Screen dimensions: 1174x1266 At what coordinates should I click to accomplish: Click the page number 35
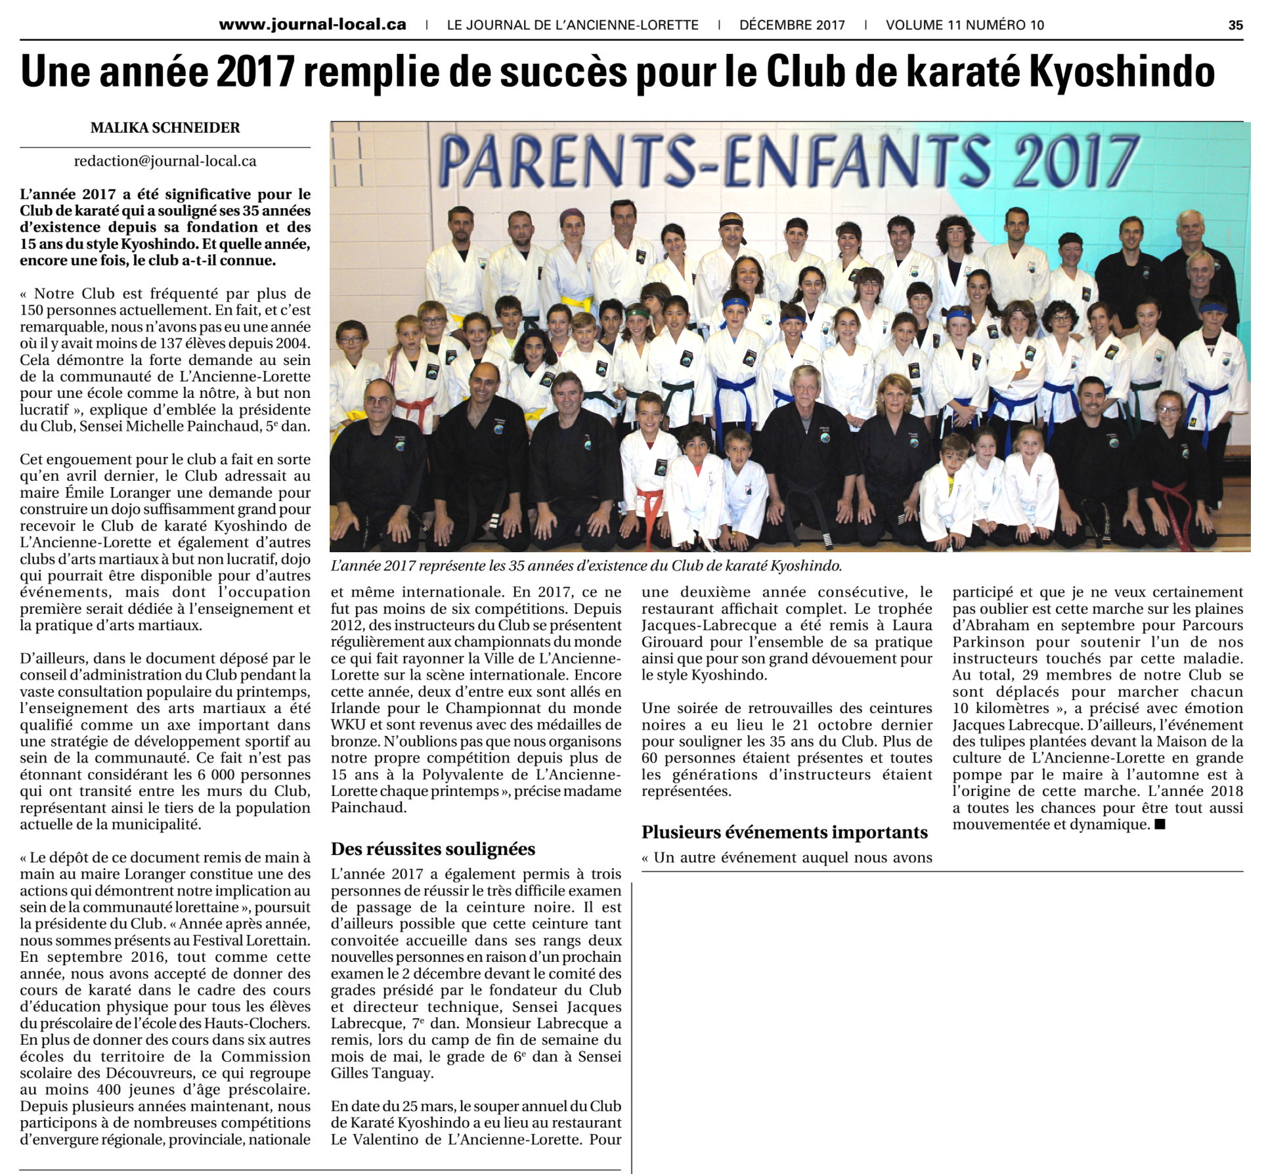pos(1235,25)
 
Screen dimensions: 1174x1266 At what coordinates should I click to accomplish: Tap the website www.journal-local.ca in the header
pos(313,25)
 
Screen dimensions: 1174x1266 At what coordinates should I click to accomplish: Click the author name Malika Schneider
pos(165,127)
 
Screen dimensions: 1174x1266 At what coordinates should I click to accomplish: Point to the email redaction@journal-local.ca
pos(165,161)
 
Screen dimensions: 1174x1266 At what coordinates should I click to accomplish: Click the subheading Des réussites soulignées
pos(433,849)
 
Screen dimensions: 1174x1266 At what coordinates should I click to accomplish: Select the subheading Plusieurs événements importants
pos(785,832)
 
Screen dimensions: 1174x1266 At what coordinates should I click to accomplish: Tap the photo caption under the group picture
pos(586,565)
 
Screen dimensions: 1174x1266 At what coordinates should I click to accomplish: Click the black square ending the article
pos(1160,825)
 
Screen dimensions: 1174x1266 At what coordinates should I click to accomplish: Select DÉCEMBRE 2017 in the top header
pos(792,25)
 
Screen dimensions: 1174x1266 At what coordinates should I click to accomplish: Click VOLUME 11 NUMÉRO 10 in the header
pos(965,25)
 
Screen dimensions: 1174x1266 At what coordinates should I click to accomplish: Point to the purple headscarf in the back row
pos(571,215)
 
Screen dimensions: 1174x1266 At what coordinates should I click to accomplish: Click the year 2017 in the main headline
pos(255,72)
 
